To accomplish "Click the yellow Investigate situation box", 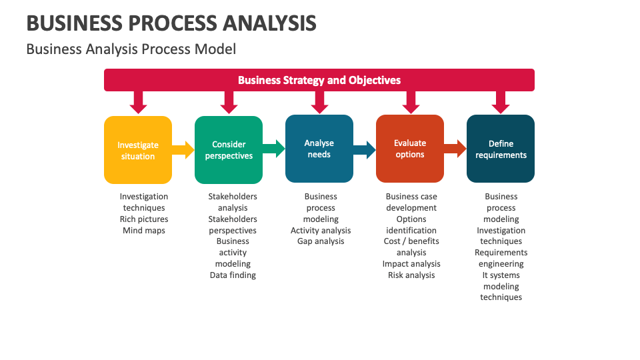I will tap(138, 150).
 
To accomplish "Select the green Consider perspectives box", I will tap(229, 150).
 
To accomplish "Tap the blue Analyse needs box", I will tap(319, 149).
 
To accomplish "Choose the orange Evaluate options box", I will tap(410, 149).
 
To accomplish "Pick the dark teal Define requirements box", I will tap(501, 149).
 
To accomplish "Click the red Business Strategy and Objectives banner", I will tap(319, 80).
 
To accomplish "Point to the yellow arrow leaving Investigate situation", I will tap(183, 149).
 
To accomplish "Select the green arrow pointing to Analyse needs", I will tap(273, 149).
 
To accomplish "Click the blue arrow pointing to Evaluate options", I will tap(364, 149).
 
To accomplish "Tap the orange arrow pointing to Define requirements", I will tap(455, 149).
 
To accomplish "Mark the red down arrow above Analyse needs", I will tap(319, 102).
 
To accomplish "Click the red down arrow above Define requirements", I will tap(501, 102).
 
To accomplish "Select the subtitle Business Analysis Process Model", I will tap(131, 49).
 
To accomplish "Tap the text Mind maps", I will tap(144, 231).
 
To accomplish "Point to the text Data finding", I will tap(233, 275).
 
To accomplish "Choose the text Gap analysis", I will tap(321, 241).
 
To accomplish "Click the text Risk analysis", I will tap(411, 275).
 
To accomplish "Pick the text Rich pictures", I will tap(144, 219).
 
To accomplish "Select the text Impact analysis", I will tap(411, 264).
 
